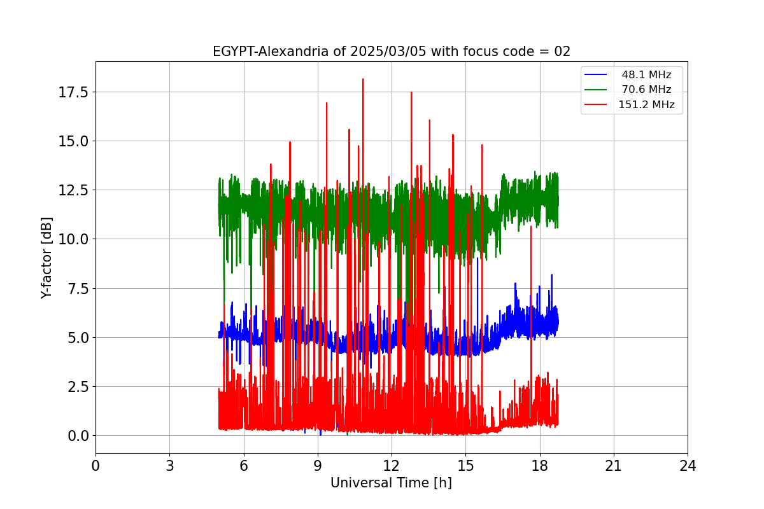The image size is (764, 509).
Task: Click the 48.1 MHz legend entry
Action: tap(646, 75)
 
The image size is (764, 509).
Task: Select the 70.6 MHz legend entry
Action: tap(646, 90)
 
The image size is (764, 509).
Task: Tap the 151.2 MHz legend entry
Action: tap(646, 105)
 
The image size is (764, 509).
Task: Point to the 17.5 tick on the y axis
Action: tap(74, 92)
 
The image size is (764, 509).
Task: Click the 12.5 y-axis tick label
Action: tap(74, 190)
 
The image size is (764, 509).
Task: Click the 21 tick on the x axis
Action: tap(614, 466)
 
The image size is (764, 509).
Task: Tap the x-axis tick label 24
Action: tap(688, 466)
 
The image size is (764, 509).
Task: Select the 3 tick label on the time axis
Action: tap(169, 466)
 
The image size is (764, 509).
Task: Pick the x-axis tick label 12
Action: tap(392, 466)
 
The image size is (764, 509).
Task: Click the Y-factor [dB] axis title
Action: tap(46, 258)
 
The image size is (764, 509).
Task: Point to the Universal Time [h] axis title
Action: tap(391, 484)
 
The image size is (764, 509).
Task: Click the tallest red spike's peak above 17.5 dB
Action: tap(363, 80)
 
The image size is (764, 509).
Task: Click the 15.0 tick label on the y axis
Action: tap(74, 141)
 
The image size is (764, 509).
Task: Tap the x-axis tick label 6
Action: tap(244, 466)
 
